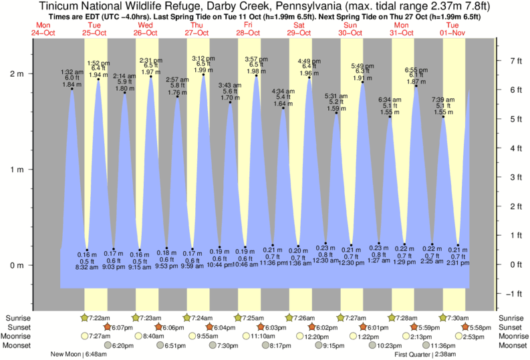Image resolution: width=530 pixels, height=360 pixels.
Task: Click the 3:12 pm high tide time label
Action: click(203, 58)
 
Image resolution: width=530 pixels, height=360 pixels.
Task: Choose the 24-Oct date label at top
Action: click(45, 32)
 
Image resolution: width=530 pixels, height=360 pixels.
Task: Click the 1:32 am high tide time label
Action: click(72, 72)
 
